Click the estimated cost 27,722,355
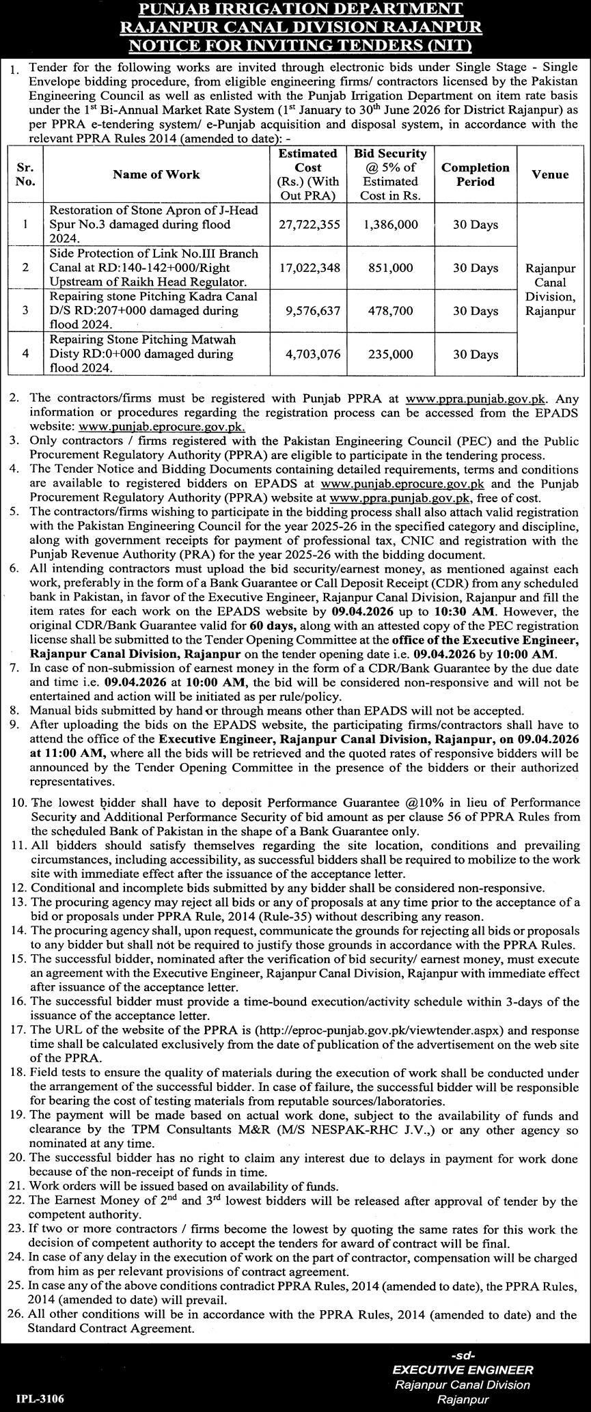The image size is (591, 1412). coord(310,225)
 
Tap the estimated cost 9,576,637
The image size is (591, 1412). coord(310,311)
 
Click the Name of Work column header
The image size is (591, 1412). coord(156,174)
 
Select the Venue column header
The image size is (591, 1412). coord(550,174)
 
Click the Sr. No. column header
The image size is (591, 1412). coord(25,174)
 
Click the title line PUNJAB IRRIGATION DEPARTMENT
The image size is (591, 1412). coord(295,10)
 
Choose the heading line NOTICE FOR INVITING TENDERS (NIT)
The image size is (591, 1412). coord(295,45)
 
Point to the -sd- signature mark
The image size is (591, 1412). coord(463,1351)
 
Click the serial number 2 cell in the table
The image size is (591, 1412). coord(25,268)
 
